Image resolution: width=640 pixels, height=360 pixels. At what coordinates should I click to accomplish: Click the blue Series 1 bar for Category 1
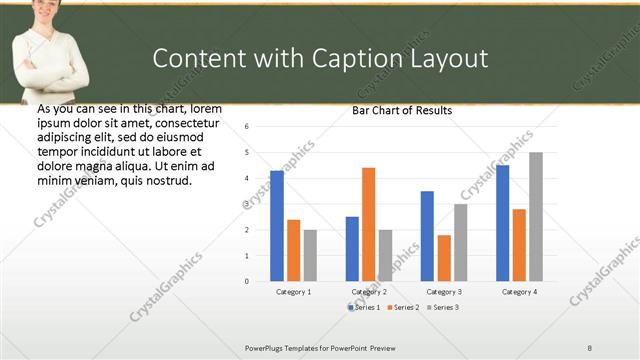(277, 226)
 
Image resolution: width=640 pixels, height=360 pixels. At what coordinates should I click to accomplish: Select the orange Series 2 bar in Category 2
(368, 225)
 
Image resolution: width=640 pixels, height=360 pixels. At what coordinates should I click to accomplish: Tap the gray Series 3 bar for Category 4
(536, 217)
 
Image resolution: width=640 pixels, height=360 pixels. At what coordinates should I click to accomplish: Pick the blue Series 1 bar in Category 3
(427, 236)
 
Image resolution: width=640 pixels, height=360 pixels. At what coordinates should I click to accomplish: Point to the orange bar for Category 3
(443, 258)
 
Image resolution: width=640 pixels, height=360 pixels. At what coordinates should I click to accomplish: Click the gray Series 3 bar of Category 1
(310, 255)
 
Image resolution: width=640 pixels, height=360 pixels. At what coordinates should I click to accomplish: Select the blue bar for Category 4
(502, 223)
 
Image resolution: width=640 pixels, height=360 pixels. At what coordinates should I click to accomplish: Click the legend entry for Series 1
(364, 307)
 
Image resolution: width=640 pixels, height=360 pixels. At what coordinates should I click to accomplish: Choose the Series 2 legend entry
(403, 307)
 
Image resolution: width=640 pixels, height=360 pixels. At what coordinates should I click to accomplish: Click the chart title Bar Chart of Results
(402, 110)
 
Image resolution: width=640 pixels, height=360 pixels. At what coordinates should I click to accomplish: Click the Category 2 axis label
(369, 291)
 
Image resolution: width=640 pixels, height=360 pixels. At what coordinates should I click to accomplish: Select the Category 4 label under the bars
(519, 291)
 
